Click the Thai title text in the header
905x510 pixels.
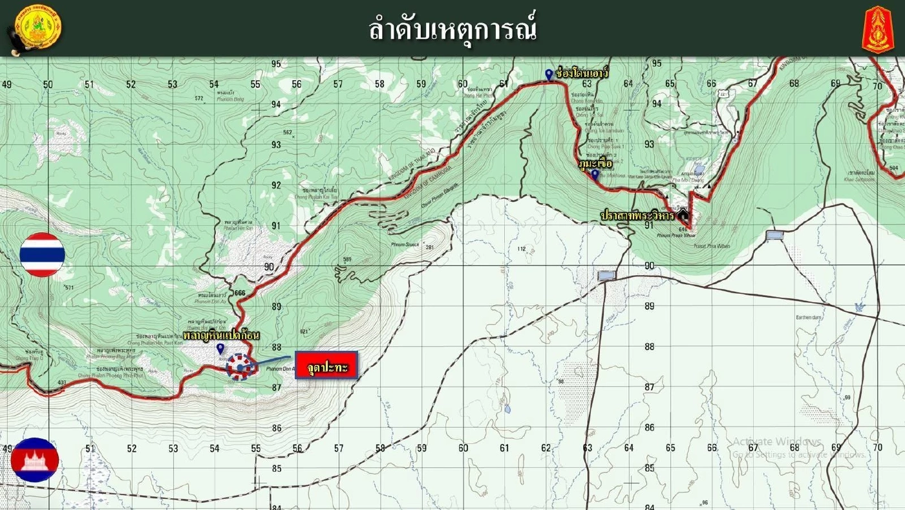452,29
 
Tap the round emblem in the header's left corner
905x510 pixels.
37,28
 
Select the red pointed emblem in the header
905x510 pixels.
877,29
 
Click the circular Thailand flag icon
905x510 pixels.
42,254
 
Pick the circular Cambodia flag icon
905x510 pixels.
35,460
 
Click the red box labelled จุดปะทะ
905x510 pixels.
326,366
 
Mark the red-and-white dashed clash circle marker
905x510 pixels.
240,367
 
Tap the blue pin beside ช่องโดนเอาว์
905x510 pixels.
549,74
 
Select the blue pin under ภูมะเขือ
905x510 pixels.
595,174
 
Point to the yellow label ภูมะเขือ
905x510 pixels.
595,163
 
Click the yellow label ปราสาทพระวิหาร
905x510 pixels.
637,214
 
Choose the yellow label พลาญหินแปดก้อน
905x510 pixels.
221,336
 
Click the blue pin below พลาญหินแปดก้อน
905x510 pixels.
220,349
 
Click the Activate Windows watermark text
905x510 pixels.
776,442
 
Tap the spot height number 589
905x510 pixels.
347,260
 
